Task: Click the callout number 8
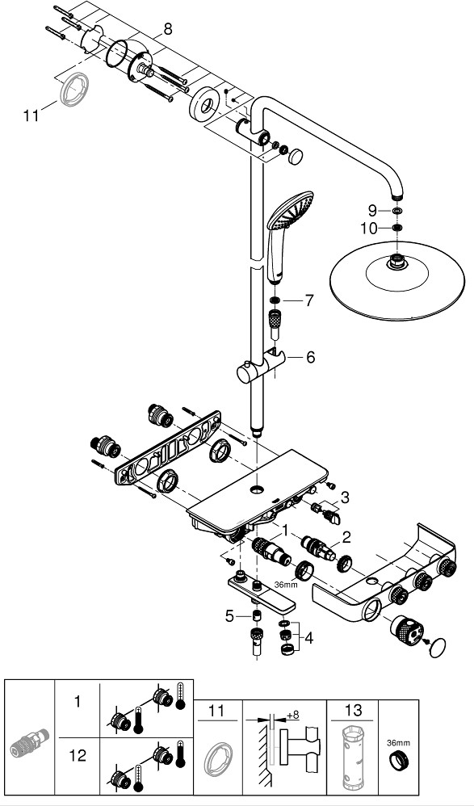pos(168,29)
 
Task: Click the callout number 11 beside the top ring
pos(31,115)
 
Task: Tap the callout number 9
pos(371,210)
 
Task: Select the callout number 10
pos(368,229)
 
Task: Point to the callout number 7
pos(308,300)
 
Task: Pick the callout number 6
pos(310,357)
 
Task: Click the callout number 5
pos(229,616)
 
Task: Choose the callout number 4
pos(308,638)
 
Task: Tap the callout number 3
pos(345,497)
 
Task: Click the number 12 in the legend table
pos(78,755)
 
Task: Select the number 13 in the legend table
pos(353,711)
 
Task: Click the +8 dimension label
pos(292,715)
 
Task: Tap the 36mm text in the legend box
pos(398,742)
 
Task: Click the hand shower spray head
pos(291,210)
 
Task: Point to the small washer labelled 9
pos(396,211)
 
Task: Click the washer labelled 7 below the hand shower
pos(275,300)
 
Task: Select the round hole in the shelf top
pos(257,489)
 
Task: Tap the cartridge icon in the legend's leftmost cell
pos(29,742)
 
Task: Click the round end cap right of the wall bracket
pos(295,157)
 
